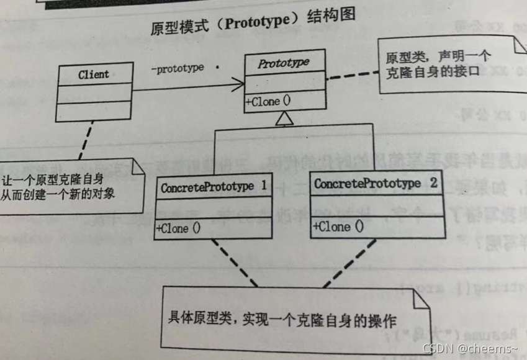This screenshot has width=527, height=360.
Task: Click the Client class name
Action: tap(94, 74)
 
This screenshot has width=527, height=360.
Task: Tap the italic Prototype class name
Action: tap(283, 63)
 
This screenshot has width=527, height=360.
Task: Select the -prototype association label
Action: tap(177, 68)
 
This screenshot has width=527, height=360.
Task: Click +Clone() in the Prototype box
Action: tap(268, 102)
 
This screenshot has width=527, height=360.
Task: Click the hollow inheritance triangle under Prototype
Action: tap(284, 119)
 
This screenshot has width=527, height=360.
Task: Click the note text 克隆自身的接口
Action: tap(433, 73)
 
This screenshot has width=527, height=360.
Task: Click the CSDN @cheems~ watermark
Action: tap(469, 350)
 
